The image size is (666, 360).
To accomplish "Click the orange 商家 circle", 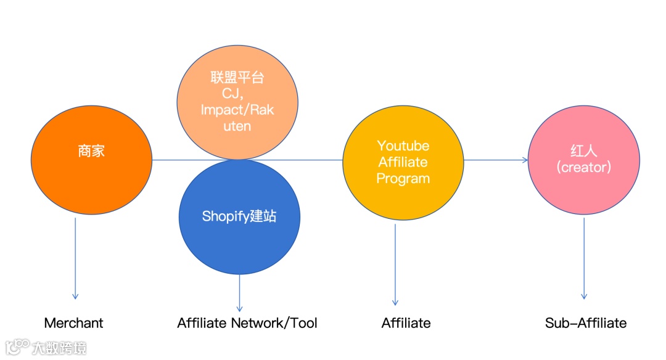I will pyautogui.click(x=91, y=157).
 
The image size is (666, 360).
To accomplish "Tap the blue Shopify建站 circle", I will pyautogui.click(x=239, y=216).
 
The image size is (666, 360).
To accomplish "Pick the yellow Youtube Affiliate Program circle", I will pyautogui.click(x=403, y=162).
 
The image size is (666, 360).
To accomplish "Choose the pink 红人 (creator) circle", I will pyautogui.click(x=583, y=159).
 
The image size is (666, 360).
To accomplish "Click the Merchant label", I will pyautogui.click(x=73, y=323).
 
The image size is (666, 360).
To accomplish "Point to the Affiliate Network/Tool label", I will pyautogui.click(x=247, y=323).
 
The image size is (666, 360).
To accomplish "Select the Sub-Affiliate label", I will pyautogui.click(x=586, y=323).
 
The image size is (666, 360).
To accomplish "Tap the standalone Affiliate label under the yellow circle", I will pyautogui.click(x=406, y=323).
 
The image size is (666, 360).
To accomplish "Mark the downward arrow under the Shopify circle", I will pyautogui.click(x=239, y=293).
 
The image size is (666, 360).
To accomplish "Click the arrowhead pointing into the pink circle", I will pyautogui.click(x=524, y=160).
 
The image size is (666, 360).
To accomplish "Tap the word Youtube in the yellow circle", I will pyautogui.click(x=403, y=146).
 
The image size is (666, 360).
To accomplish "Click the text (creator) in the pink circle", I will pyautogui.click(x=583, y=167).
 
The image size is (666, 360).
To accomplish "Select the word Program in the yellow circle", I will pyautogui.click(x=403, y=179).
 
